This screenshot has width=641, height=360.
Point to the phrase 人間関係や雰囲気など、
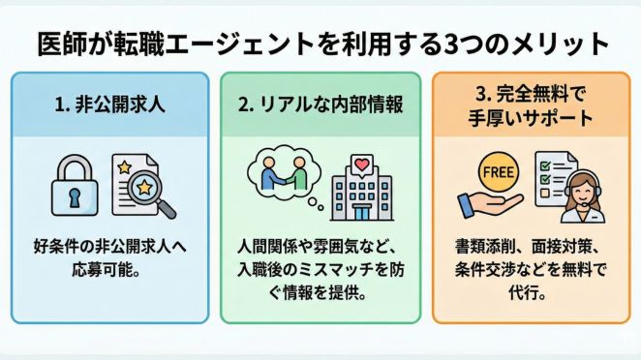pos(320,245)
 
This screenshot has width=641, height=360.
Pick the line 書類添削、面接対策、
pos(534,245)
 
